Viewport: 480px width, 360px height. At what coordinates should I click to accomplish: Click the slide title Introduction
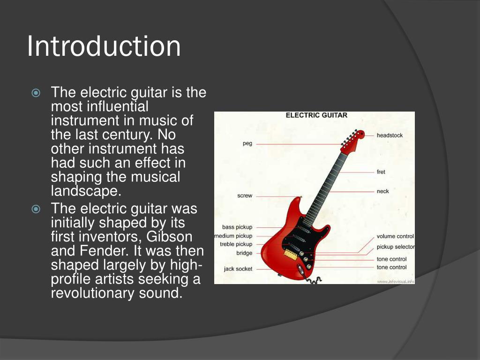pos(104,46)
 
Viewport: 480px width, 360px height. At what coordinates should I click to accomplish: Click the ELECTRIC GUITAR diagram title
pos(316,115)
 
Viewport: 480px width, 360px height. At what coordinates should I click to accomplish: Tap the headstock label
pos(390,135)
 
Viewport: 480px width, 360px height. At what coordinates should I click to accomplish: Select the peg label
pos(247,143)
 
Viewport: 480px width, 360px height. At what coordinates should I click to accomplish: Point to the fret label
pos(381,172)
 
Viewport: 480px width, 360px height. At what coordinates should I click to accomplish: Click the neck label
pos(382,191)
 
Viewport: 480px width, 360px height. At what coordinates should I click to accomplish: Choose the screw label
pos(244,196)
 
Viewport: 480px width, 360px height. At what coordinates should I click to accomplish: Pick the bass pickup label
pos(237,227)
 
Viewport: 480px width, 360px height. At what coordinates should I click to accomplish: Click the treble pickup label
pos(236,244)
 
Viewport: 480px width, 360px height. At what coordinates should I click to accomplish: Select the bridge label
pos(244,253)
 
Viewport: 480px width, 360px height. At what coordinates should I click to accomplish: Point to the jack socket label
pos(238,269)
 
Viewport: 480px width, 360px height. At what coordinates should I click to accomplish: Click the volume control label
pos(395,236)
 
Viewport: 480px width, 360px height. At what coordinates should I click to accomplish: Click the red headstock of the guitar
pos(354,139)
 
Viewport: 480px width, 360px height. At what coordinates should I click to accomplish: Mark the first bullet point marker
pos(36,93)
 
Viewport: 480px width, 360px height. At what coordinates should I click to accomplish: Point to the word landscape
pos(84,191)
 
